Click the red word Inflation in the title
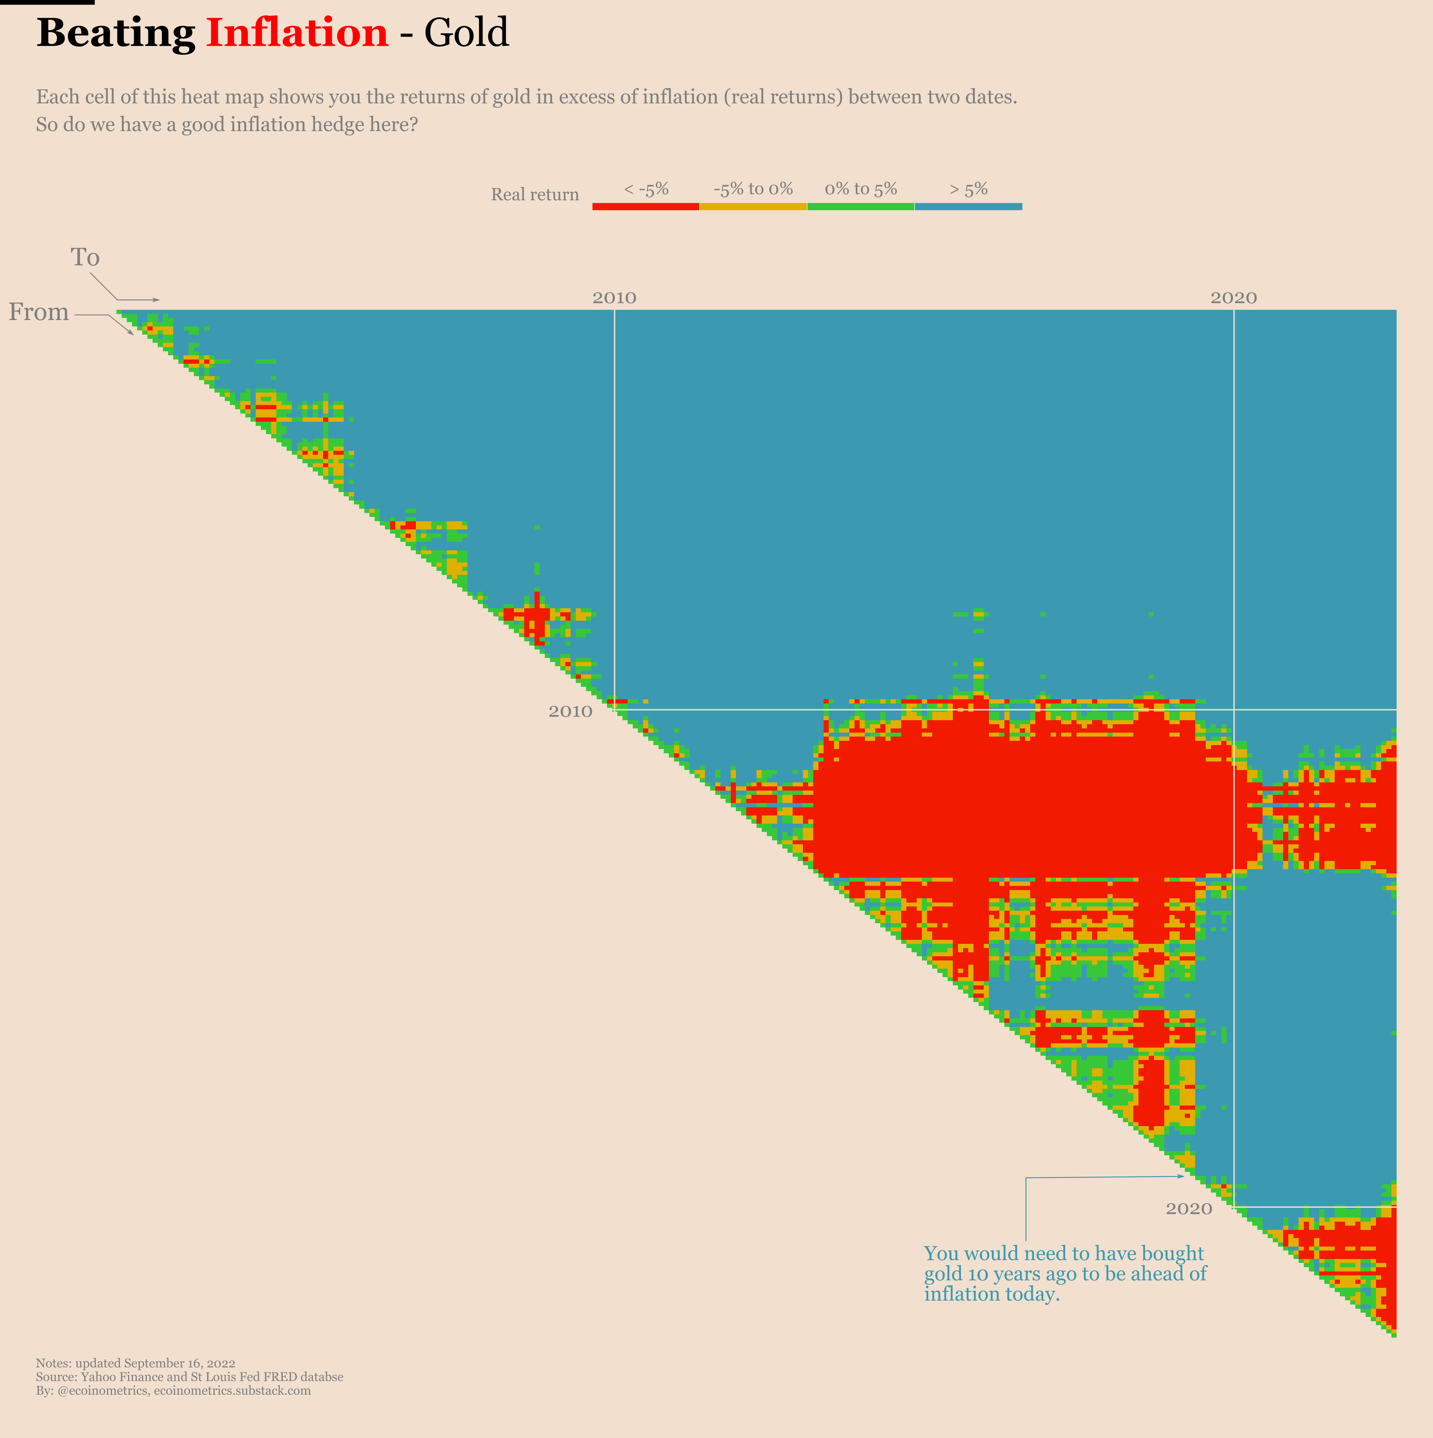pos(297,33)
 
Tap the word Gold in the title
pos(467,33)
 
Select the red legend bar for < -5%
pos(646,206)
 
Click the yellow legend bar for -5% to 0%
pos(753,206)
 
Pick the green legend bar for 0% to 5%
pos(861,206)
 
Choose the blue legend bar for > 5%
pos(968,206)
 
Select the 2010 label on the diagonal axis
pos(570,711)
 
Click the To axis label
pos(85,258)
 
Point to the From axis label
pos(39,312)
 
